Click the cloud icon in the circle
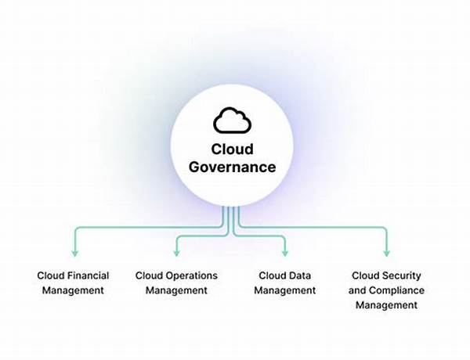pos(232,120)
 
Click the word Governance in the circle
pos(232,166)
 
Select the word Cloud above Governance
pos(232,149)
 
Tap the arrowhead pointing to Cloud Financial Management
pos(74,253)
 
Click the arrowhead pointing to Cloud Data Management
pos(285,253)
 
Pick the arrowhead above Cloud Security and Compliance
pos(386,253)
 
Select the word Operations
pos(191,275)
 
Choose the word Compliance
pos(399,290)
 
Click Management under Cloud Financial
pos(73,290)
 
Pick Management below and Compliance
pos(386,305)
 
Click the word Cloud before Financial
pos(50,275)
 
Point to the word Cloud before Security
pos(365,275)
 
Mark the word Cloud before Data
pos(273,275)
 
